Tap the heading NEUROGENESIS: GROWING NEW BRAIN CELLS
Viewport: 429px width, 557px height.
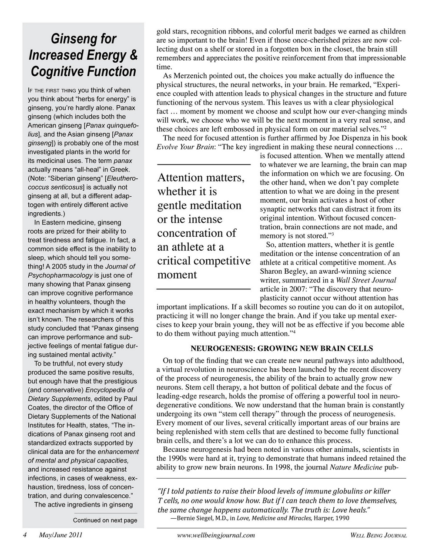click(x=282, y=349)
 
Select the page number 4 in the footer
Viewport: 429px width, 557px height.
click(x=25, y=535)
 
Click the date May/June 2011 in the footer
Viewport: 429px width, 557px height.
click(x=61, y=535)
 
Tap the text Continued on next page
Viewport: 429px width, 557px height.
click(x=105, y=520)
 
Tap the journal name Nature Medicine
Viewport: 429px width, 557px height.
click(x=355, y=468)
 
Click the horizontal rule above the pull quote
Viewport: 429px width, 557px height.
click(x=203, y=164)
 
